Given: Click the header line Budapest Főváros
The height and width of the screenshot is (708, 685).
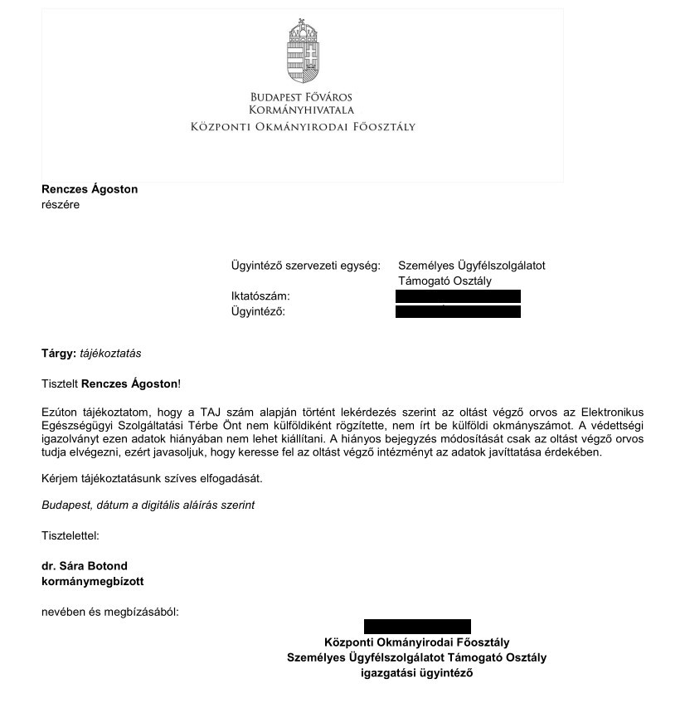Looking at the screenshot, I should [302, 97].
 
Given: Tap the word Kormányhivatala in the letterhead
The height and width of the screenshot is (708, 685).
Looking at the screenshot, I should [302, 110].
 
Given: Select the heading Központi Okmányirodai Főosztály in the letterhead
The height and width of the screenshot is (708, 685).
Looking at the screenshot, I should [302, 127].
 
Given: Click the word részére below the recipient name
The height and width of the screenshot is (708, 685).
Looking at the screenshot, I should [61, 205].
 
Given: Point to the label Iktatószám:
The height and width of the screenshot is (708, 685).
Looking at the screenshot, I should [260, 296].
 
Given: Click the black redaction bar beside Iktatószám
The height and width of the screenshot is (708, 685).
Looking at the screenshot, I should [458, 296].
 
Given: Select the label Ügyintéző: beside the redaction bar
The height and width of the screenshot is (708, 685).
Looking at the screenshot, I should [258, 311].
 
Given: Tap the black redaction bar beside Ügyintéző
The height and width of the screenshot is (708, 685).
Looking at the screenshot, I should [458, 311].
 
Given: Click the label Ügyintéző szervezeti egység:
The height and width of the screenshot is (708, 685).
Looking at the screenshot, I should [305, 266].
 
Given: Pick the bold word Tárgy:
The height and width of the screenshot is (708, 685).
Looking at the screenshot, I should [58, 353].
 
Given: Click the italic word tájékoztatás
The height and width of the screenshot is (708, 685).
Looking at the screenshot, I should [110, 353].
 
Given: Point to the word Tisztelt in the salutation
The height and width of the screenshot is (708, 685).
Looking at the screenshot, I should [60, 383].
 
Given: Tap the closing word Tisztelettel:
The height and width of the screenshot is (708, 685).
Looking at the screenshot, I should [70, 535].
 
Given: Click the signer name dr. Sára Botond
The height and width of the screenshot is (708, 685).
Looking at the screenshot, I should [85, 567].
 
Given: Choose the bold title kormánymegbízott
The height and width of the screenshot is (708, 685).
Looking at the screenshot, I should [92, 582].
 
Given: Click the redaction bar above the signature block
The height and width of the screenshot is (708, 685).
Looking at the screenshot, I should [417, 627].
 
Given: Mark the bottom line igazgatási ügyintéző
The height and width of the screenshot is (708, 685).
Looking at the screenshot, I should [416, 673].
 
